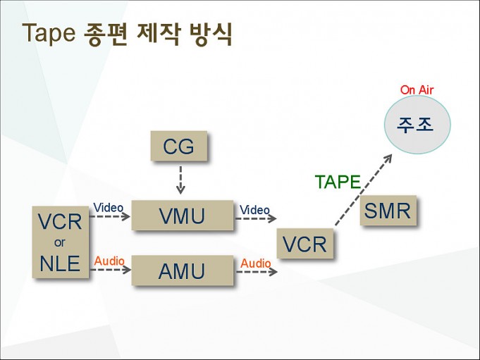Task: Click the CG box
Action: point(179,146)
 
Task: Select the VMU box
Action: point(183,215)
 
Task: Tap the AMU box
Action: point(183,271)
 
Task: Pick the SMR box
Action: point(388,210)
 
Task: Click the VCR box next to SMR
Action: point(305,244)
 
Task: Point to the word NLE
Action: point(60,263)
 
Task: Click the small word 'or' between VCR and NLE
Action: point(60,242)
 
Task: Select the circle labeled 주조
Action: point(417,125)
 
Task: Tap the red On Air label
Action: point(417,90)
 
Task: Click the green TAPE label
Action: point(338,182)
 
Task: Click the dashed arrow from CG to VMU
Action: point(180,180)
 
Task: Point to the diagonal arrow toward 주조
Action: point(364,190)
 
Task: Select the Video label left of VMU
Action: point(109,208)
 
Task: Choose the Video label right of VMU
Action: point(254,210)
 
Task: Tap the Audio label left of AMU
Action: point(109,261)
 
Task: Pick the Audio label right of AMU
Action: point(256,263)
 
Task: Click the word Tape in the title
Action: point(49,32)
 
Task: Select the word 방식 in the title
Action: point(211,34)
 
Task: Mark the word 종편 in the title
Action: point(105,34)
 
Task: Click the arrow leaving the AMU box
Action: point(257,272)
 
